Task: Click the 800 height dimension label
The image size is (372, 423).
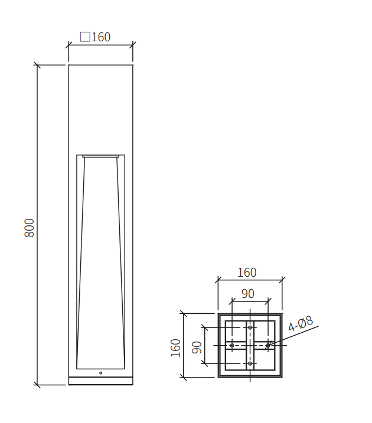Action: [29, 228]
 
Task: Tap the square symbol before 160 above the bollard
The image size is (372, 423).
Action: [85, 37]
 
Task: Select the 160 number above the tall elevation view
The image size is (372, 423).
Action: [101, 37]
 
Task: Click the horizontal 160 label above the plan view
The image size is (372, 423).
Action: [247, 273]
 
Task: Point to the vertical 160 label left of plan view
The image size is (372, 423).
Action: [175, 347]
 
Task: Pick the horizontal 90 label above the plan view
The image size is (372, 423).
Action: [247, 294]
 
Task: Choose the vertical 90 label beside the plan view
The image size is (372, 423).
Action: [197, 347]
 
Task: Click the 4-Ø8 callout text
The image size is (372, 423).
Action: [301, 323]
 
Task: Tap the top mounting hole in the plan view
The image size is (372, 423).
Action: [250, 327]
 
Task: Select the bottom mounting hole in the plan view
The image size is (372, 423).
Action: [250, 363]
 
